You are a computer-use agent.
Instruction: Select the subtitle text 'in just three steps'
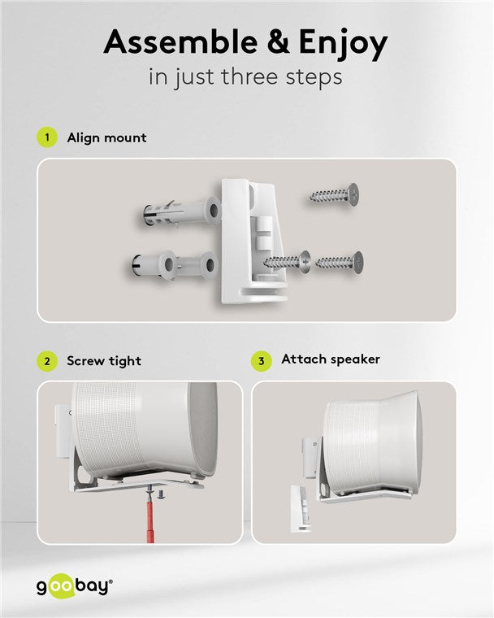[245, 78]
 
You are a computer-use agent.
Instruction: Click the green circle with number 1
[48, 137]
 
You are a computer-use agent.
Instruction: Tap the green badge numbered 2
[48, 361]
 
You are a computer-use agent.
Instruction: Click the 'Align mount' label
[106, 137]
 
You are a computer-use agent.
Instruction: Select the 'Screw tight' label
[104, 361]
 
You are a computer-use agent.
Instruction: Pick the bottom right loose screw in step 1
[340, 262]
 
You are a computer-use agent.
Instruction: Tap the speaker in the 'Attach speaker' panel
[370, 443]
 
